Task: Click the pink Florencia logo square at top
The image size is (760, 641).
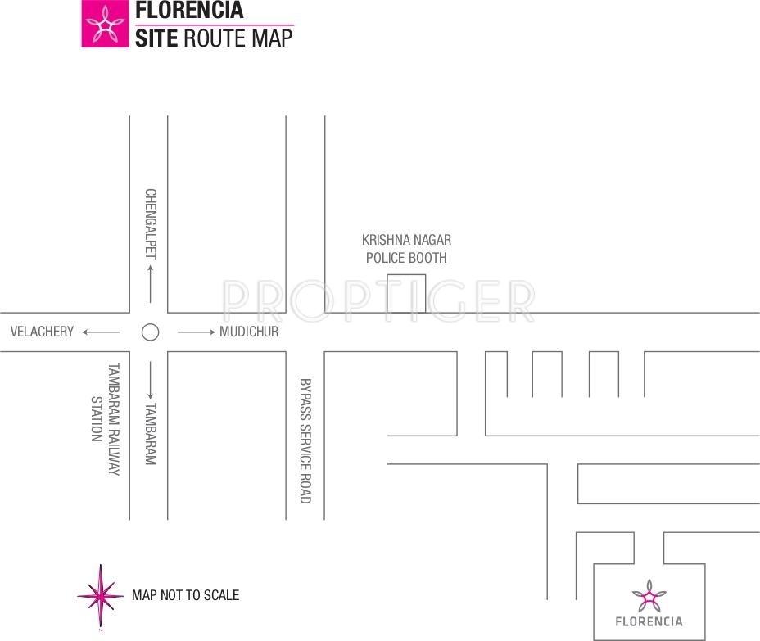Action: [x=105, y=24]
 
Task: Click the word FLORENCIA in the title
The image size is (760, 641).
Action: [x=189, y=11]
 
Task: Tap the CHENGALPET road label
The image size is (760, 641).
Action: [x=150, y=223]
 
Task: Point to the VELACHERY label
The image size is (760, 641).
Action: [x=42, y=332]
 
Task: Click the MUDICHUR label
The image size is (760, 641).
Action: [x=249, y=332]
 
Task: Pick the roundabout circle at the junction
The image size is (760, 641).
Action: [x=150, y=332]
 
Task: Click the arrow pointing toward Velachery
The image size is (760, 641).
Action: [x=101, y=332]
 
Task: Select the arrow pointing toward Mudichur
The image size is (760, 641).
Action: [x=196, y=332]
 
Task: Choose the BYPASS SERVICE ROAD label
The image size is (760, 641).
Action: [x=305, y=440]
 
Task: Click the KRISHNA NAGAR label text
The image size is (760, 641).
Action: [x=406, y=240]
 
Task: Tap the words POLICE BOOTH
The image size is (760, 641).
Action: [x=406, y=258]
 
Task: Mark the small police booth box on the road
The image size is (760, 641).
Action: [x=406, y=293]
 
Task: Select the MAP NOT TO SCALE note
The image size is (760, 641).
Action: [x=185, y=595]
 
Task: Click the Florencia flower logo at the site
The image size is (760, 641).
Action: [x=649, y=597]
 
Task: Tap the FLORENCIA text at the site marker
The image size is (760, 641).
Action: [x=649, y=621]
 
